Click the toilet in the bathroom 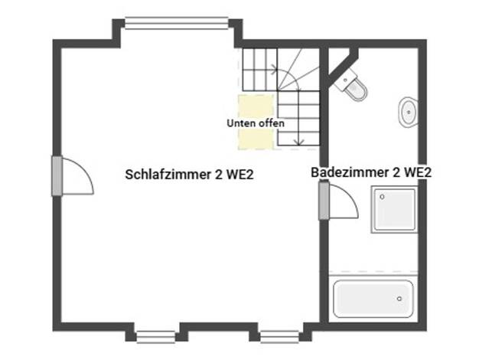tap(352, 85)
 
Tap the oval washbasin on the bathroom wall tap(408, 113)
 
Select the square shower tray tap(394, 210)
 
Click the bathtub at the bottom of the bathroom tap(373, 299)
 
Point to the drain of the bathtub tap(399, 299)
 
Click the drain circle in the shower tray tap(382, 197)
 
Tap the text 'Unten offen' tap(256, 123)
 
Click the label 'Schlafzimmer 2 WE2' tap(190, 175)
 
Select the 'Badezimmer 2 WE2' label tap(371, 172)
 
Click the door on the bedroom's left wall tap(73, 176)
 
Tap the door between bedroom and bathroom tap(338, 201)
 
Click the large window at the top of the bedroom tap(177, 23)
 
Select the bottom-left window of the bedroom tap(156, 337)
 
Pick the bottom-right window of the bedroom tap(279, 337)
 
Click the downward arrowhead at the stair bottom tap(300, 142)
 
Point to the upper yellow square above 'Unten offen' tap(256, 106)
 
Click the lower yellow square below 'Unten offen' tap(256, 139)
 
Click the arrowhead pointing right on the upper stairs tap(275, 70)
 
